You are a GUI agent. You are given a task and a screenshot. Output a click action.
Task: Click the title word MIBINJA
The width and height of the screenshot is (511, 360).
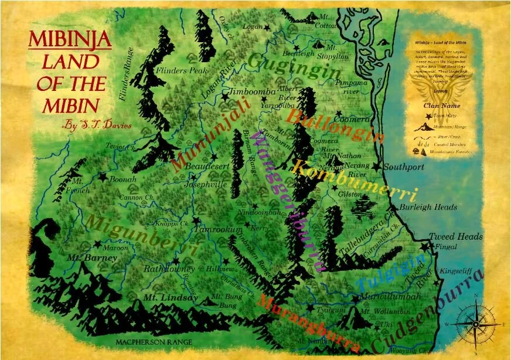coord(70,40)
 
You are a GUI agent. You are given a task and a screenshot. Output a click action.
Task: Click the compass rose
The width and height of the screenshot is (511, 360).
coord(475,323)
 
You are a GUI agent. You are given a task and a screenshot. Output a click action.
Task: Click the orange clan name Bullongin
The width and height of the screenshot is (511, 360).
coord(335,125)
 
